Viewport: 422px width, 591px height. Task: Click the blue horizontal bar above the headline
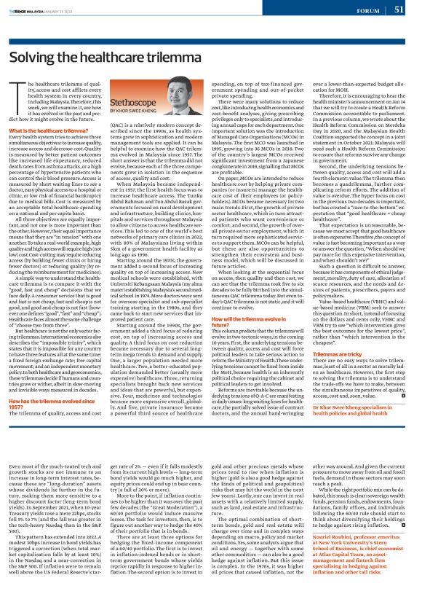(210, 31)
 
